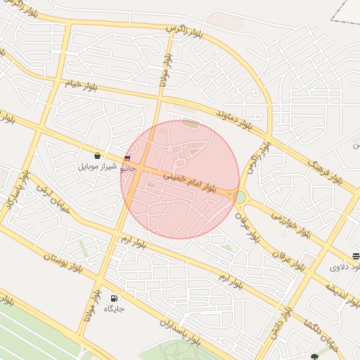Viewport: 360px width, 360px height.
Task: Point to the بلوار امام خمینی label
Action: [191, 181]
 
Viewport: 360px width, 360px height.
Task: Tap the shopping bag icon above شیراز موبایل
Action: [97, 156]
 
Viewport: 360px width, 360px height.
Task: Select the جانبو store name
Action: [127, 169]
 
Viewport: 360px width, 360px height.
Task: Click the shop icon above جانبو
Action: [127, 158]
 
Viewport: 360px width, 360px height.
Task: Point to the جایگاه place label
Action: [115, 309]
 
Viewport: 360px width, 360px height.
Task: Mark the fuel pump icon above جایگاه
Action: [115, 298]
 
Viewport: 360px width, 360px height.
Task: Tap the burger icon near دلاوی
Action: [356, 256]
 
